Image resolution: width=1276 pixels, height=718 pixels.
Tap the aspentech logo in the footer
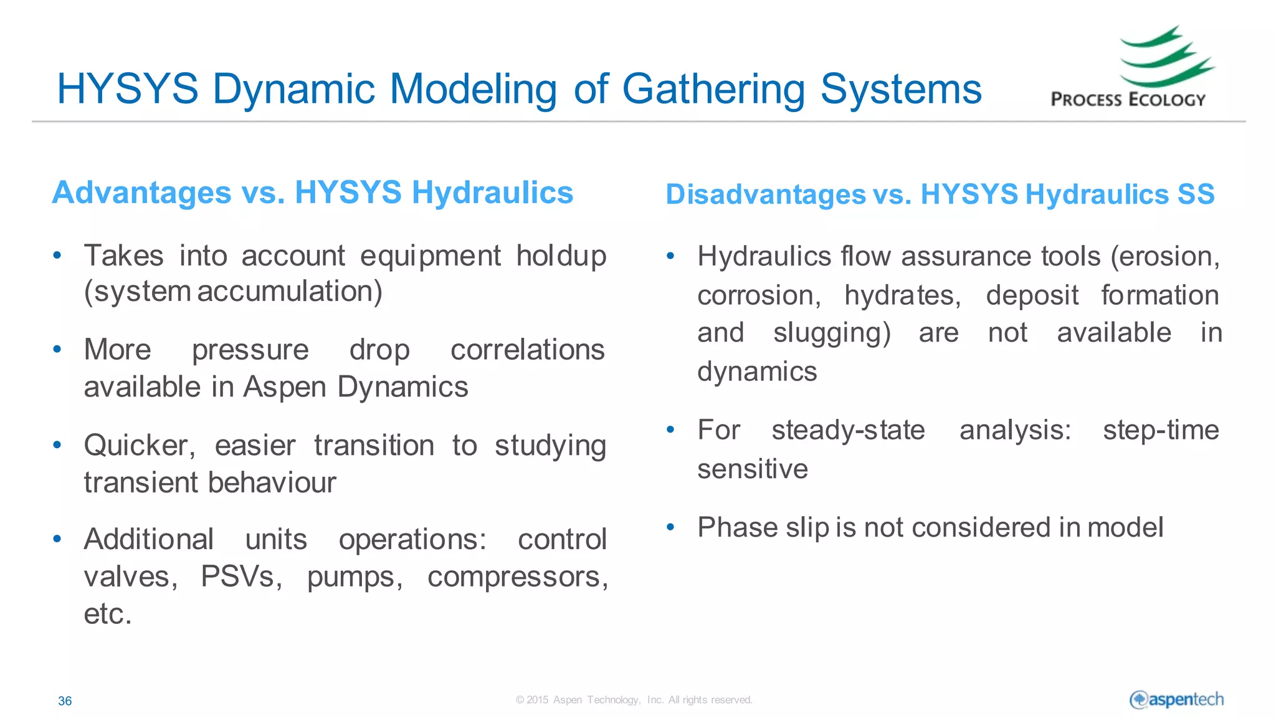tap(1176, 700)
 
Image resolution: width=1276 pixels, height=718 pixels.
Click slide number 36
tap(65, 701)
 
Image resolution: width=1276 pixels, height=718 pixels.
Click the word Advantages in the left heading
tap(142, 193)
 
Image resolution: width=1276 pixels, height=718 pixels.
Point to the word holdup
tap(561, 256)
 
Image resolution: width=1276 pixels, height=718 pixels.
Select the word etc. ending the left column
tap(108, 614)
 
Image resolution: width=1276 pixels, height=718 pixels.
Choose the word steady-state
tap(848, 430)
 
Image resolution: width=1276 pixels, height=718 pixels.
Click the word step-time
tap(1160, 430)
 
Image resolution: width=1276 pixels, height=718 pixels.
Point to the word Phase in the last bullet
tap(737, 528)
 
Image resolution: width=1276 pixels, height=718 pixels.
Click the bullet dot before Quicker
tap(57, 445)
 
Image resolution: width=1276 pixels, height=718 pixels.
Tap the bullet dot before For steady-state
tap(670, 429)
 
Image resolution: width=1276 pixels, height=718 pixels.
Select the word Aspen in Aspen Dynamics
tap(284, 388)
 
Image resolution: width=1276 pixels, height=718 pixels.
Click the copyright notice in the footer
tap(634, 700)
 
